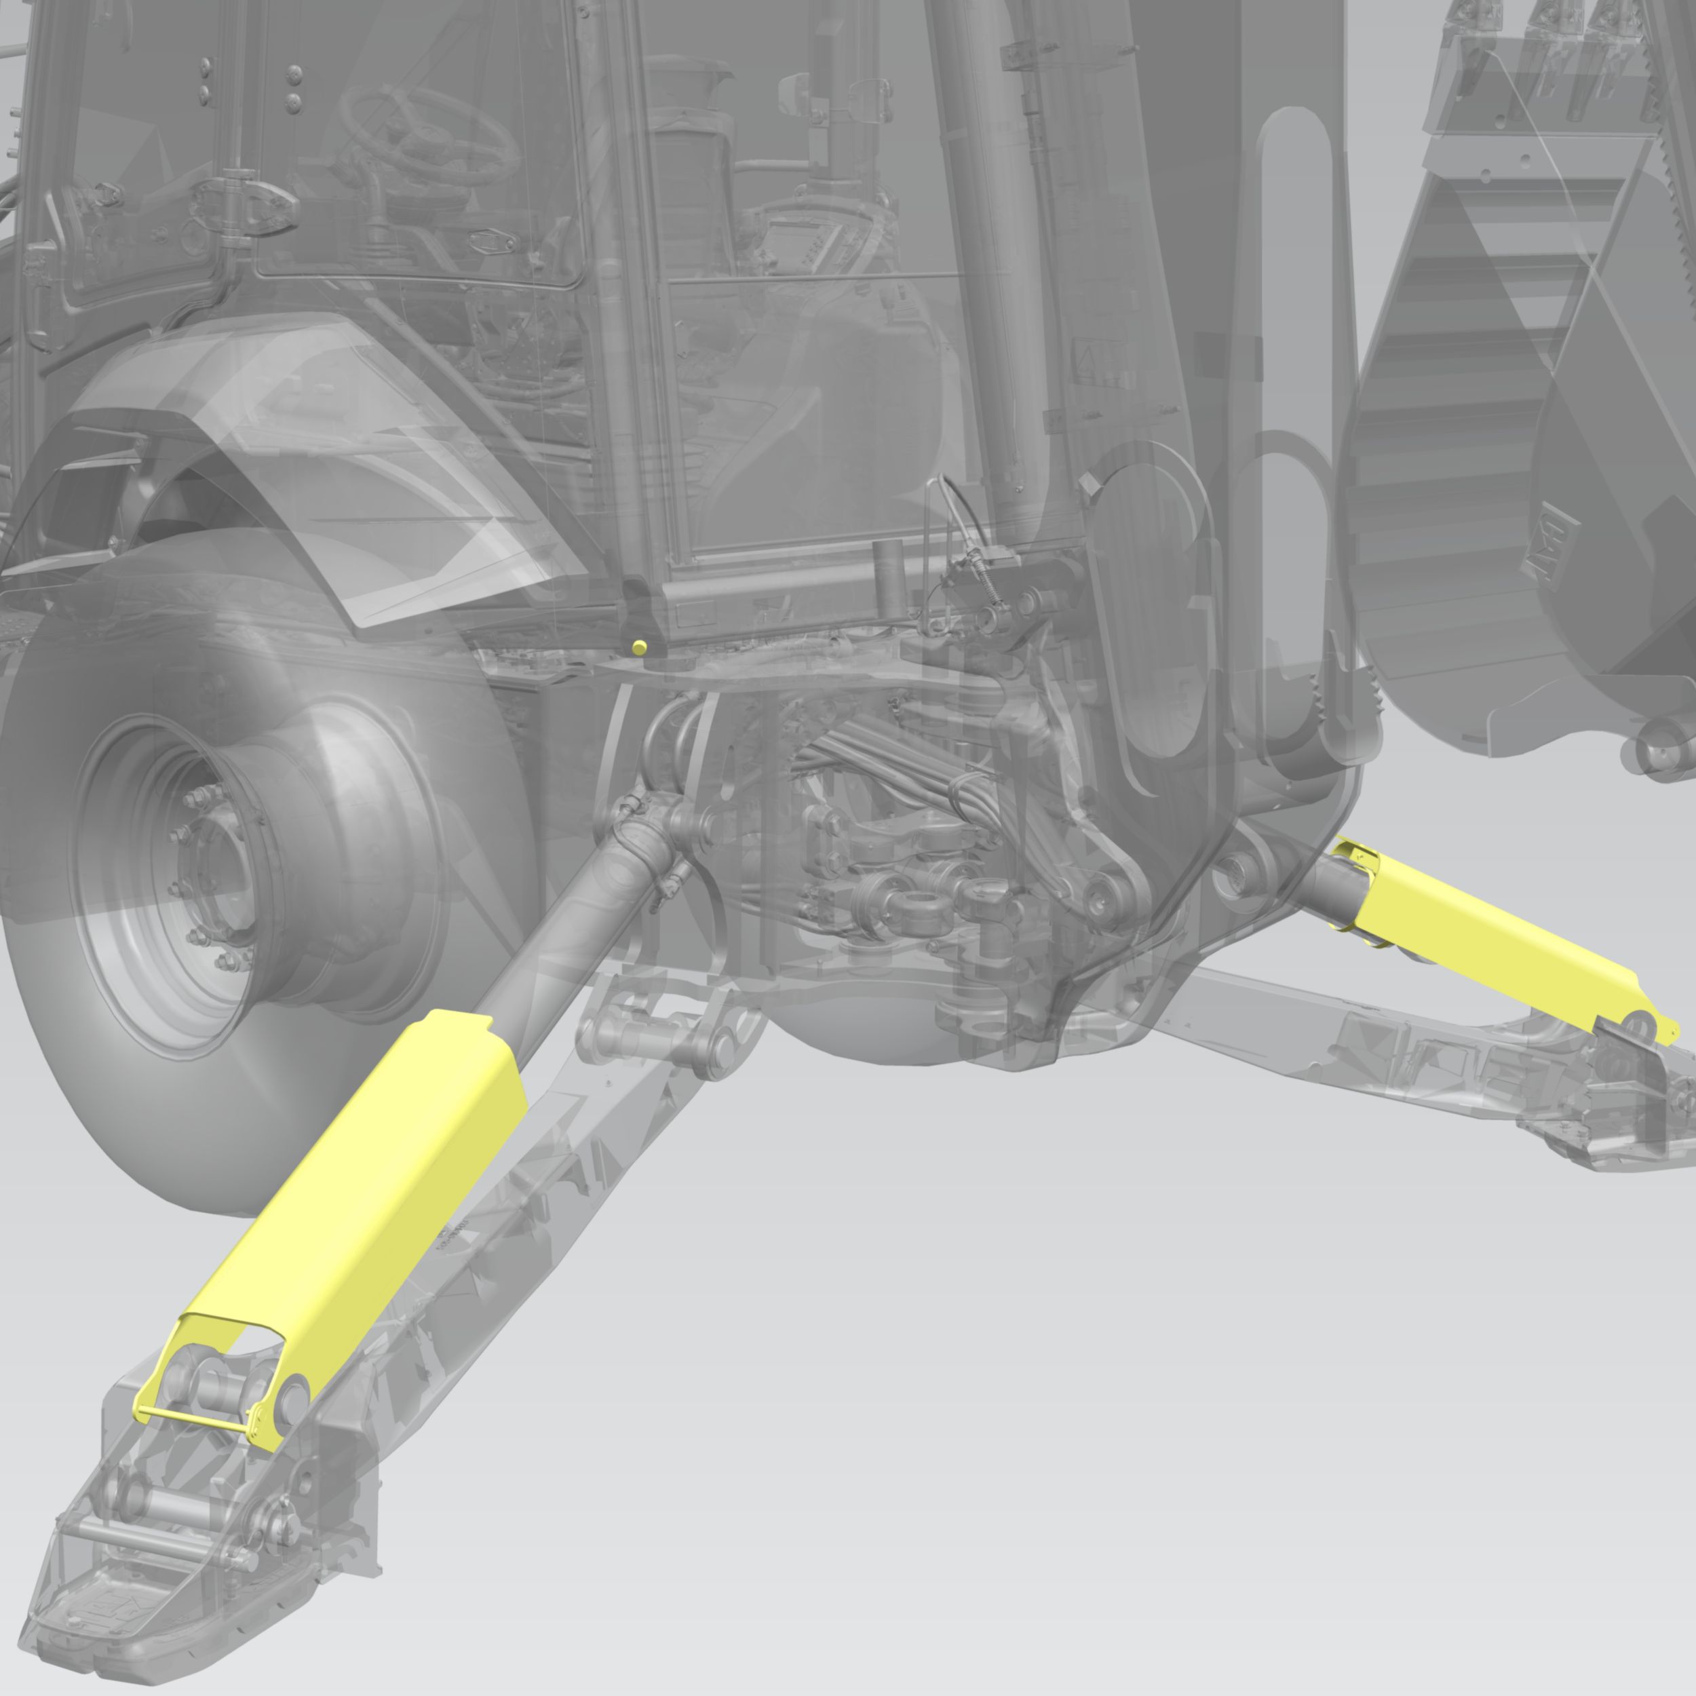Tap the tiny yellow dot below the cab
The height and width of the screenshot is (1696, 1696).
click(639, 647)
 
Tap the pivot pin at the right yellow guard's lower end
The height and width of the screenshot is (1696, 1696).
click(1634, 1020)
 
